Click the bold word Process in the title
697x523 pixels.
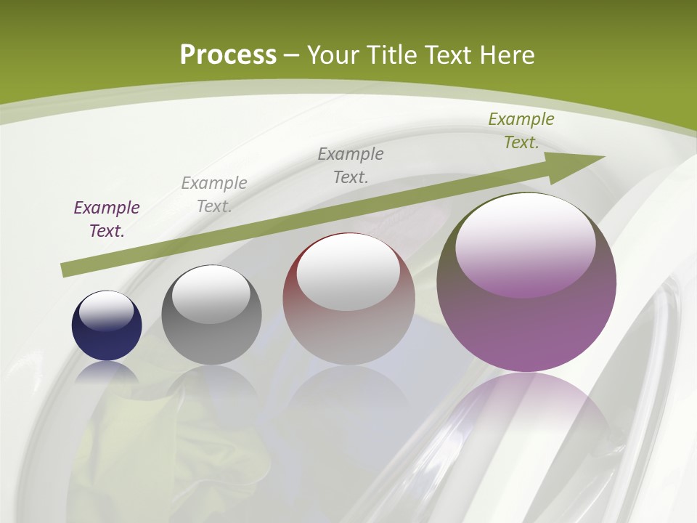pos(228,55)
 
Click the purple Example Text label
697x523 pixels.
pos(107,219)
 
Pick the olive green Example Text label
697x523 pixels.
pos(521,131)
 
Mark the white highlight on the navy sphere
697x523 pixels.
pos(107,311)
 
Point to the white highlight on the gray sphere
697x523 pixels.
pos(211,294)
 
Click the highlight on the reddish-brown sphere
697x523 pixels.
pos(348,272)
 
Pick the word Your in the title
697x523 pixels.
pos(333,55)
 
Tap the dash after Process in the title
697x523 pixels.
pos(292,55)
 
